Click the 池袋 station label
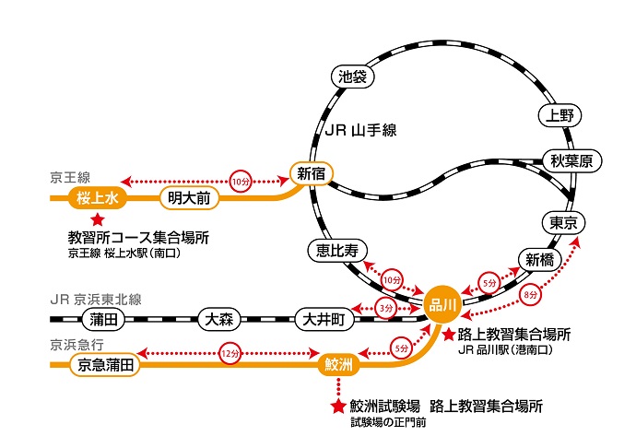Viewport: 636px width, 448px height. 353,77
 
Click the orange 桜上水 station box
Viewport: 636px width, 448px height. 96,197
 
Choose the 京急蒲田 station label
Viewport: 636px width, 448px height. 105,365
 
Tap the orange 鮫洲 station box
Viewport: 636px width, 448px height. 336,365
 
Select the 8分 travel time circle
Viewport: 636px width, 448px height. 530,296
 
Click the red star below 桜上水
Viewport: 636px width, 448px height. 96,219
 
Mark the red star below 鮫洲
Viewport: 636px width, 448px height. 337,404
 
